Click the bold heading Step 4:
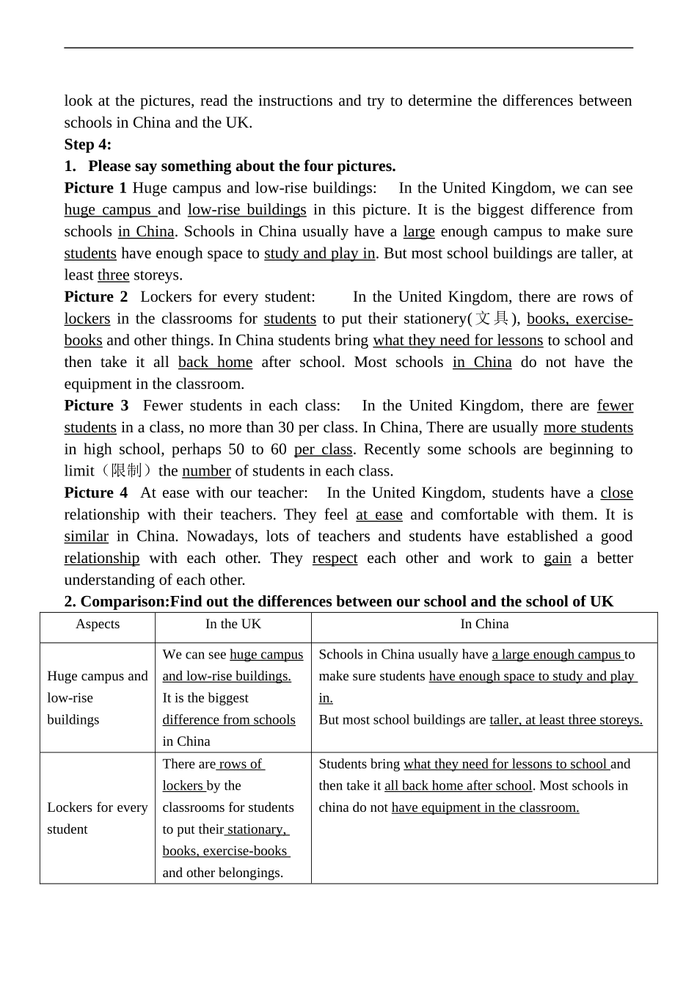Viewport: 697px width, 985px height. click(87, 144)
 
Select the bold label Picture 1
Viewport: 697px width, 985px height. click(95, 188)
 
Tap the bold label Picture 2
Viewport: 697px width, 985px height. click(95, 297)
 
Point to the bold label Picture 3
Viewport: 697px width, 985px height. click(96, 405)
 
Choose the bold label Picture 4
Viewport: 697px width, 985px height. click(95, 492)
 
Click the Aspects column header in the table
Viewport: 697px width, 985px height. click(98, 624)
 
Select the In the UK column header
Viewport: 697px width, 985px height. click(233, 624)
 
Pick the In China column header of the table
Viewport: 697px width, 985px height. click(484, 624)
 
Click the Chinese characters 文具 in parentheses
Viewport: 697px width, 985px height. click(492, 319)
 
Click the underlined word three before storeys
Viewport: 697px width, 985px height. click(113, 275)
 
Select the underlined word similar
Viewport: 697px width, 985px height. click(86, 537)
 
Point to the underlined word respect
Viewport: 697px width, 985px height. click(335, 559)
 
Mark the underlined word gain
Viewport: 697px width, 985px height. click(557, 559)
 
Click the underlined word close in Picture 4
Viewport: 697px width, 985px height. click(616, 492)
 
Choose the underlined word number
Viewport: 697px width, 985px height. click(206, 471)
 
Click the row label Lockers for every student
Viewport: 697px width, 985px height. click(97, 818)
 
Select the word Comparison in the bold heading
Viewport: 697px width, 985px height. click(124, 602)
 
